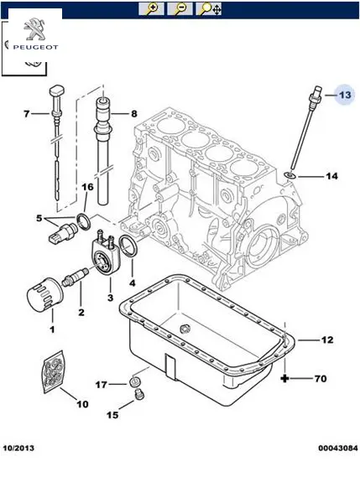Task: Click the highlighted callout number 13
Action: [x=345, y=95]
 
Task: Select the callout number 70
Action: [x=321, y=379]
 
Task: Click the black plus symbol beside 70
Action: [x=284, y=379]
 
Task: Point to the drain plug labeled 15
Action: [x=139, y=395]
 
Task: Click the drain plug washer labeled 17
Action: [x=134, y=381]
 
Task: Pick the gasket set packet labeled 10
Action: [x=55, y=371]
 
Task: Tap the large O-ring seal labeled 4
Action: [x=128, y=246]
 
